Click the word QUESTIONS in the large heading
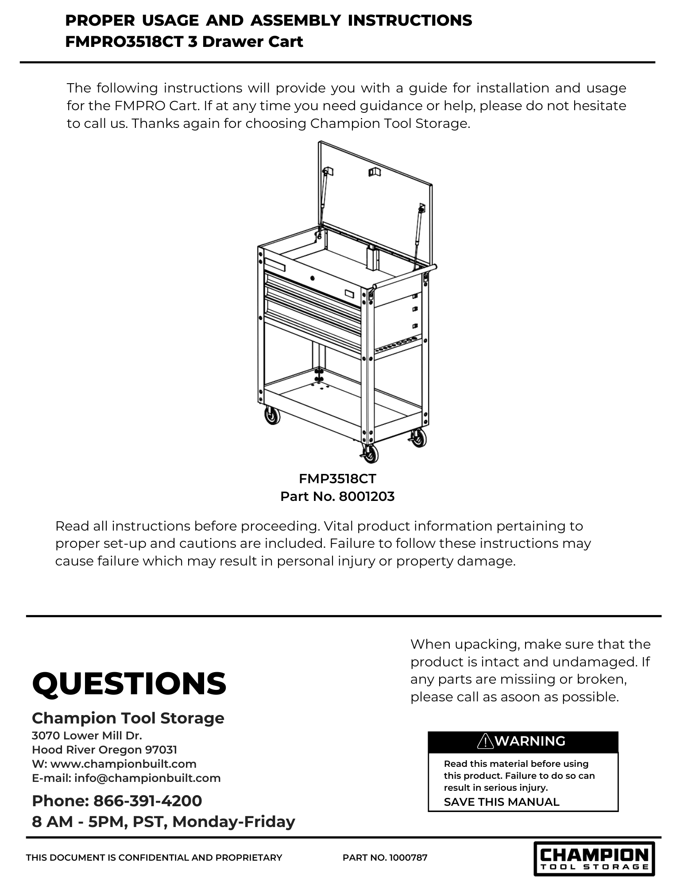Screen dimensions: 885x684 pyautogui.click(x=129, y=683)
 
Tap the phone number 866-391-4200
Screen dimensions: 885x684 pyautogui.click(x=148, y=800)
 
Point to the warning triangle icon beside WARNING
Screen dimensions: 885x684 pyautogui.click(x=486, y=741)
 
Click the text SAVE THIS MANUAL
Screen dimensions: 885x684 pyautogui.click(x=501, y=802)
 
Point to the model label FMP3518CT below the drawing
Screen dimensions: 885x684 pyautogui.click(x=337, y=478)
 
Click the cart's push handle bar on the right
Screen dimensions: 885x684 pyautogui.click(x=405, y=275)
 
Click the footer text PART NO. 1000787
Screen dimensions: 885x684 pyautogui.click(x=385, y=858)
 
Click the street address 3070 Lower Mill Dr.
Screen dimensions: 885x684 pyautogui.click(x=87, y=735)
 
